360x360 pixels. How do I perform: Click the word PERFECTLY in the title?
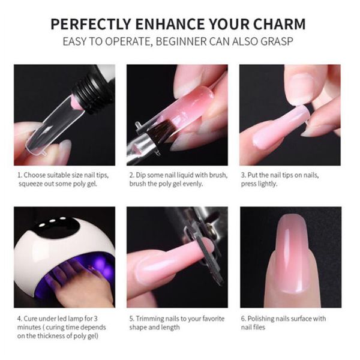91,24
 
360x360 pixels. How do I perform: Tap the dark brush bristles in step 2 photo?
161,129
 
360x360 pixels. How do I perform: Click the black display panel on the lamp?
56,225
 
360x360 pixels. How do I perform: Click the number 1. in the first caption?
20,175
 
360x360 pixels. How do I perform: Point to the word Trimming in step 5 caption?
149,319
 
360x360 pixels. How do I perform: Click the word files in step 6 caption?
259,327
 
